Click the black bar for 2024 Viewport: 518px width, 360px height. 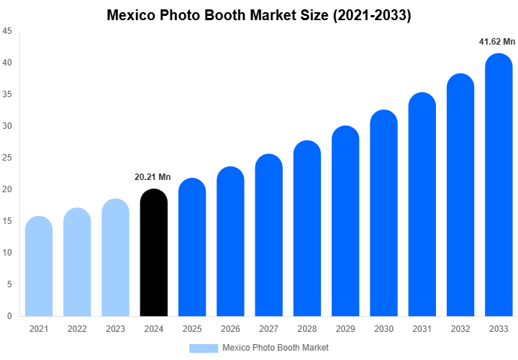(153, 253)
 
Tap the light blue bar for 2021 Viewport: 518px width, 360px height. (39, 267)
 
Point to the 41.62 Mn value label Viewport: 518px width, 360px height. (497, 42)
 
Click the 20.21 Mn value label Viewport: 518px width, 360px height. (153, 177)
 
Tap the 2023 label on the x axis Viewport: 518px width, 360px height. (115, 329)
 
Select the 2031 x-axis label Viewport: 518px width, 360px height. (422, 329)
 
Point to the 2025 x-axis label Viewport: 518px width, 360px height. (192, 329)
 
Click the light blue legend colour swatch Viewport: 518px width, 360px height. (204, 348)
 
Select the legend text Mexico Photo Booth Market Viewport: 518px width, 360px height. (276, 348)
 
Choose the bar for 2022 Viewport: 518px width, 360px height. (77, 263)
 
